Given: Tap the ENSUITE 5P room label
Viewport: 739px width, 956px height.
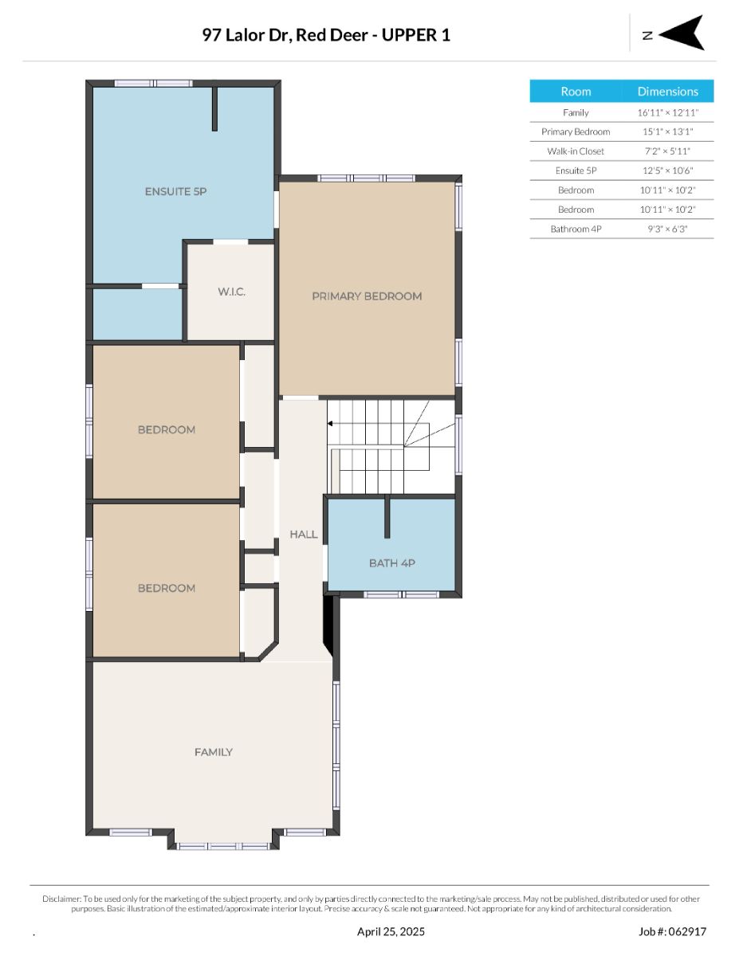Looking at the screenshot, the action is point(175,191).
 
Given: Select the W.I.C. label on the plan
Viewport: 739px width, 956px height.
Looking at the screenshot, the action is point(231,292).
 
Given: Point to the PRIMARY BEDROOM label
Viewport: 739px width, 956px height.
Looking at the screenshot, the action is point(367,296).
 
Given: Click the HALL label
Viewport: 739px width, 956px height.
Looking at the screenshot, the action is point(303,534).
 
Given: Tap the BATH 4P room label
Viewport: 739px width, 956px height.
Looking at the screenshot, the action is point(391,563).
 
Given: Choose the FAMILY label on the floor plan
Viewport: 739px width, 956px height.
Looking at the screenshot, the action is point(214,752).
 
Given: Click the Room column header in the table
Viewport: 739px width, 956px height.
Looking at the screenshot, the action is point(576,92).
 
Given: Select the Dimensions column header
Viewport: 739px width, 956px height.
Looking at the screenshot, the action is point(668,92).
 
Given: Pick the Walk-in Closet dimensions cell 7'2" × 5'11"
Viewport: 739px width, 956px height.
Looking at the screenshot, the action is point(667,151).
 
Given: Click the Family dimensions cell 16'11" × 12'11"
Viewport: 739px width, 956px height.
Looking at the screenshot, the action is point(668,112).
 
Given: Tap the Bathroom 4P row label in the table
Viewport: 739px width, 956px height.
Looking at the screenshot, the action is point(576,229).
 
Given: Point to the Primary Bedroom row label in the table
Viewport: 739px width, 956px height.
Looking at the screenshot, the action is point(576,131).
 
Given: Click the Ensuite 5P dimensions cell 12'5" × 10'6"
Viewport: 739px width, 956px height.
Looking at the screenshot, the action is point(668,170).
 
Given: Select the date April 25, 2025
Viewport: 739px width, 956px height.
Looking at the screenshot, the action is point(391,931).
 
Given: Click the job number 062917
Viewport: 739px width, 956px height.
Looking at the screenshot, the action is point(687,931).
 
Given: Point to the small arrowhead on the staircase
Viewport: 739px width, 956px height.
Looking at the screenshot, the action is point(329,424).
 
